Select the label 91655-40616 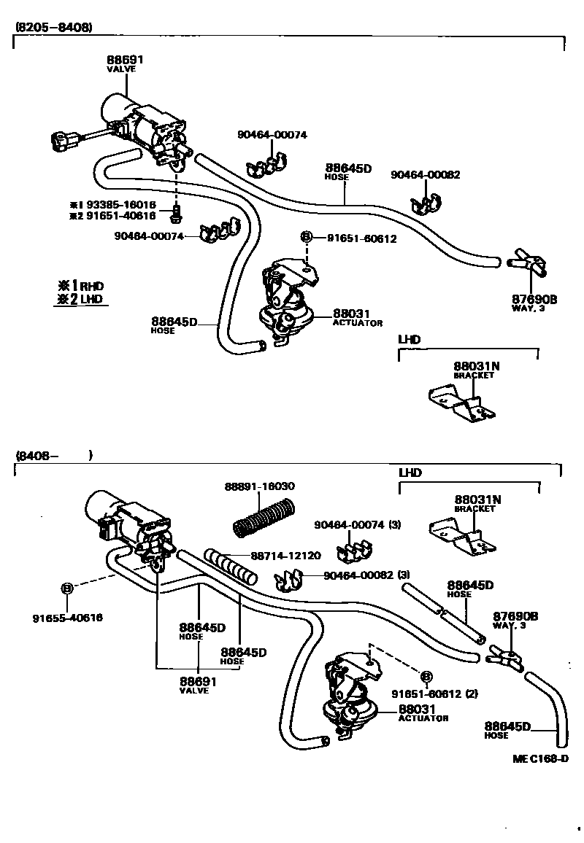pyautogui.click(x=67, y=618)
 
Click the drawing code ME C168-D pyautogui.click(x=539, y=758)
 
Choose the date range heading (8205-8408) pyautogui.click(x=54, y=27)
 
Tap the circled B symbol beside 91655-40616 pyautogui.click(x=66, y=588)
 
